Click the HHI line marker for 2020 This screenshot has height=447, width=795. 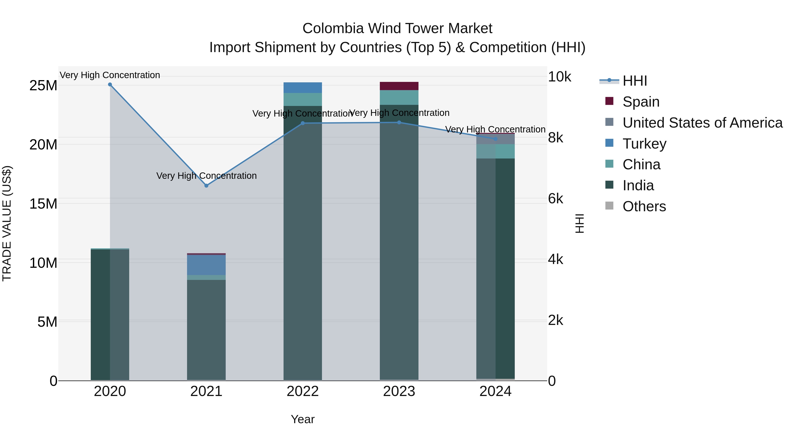(x=110, y=85)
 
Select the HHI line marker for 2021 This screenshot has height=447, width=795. (x=206, y=186)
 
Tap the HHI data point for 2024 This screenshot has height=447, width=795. (x=496, y=139)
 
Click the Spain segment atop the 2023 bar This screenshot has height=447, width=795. (x=399, y=86)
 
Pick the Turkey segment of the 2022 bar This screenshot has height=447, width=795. (x=303, y=88)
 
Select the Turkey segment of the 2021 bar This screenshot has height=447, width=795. (x=206, y=265)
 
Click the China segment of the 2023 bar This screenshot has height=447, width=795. (x=399, y=98)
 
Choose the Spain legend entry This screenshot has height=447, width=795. (x=641, y=102)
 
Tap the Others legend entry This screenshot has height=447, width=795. (x=644, y=206)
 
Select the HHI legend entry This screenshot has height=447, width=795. (x=634, y=81)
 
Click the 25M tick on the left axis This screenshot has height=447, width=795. (x=43, y=85)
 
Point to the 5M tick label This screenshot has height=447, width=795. (x=47, y=322)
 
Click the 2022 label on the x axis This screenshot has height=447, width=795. (x=303, y=391)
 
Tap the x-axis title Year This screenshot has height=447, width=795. (x=303, y=419)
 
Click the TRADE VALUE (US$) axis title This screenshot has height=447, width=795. (x=7, y=223)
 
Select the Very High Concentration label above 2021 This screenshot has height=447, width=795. (x=206, y=175)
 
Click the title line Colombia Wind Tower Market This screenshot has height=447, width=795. (x=397, y=28)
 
